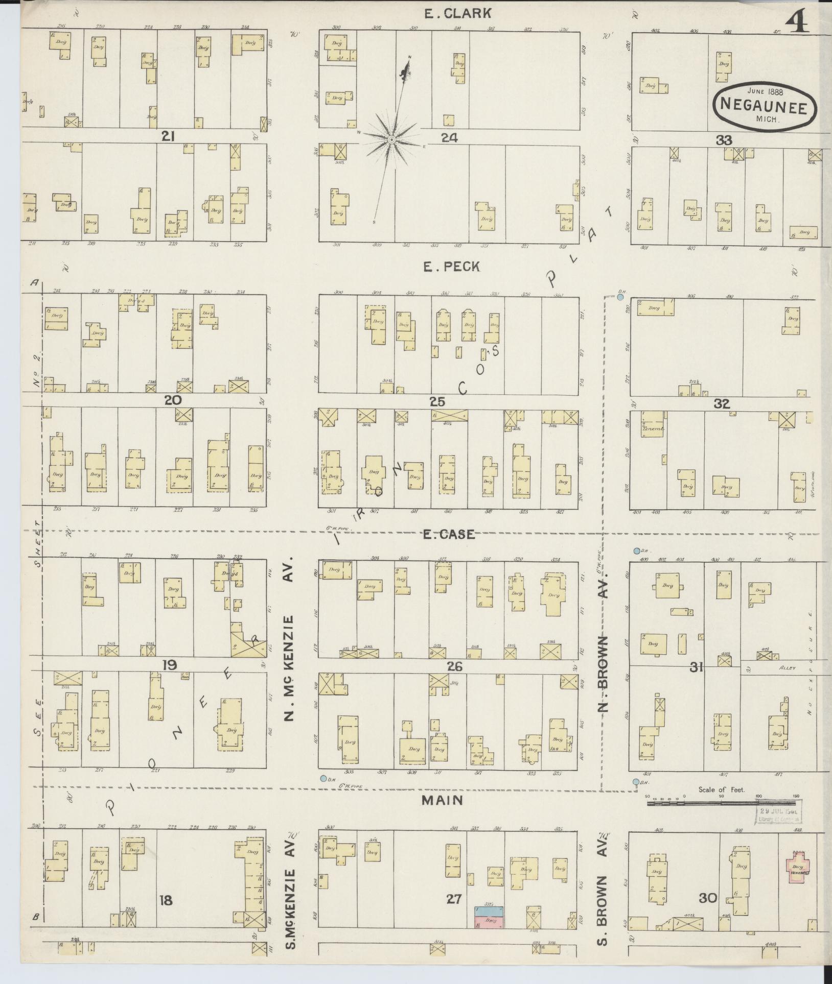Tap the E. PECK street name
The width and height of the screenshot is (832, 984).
(x=451, y=267)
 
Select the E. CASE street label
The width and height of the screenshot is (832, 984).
(x=449, y=535)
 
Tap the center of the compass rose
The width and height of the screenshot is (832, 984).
(x=391, y=139)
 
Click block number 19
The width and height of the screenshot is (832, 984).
(x=169, y=665)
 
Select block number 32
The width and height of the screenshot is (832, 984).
(x=722, y=404)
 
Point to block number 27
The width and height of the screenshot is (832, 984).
(x=453, y=899)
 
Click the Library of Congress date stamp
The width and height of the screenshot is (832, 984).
(x=778, y=814)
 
